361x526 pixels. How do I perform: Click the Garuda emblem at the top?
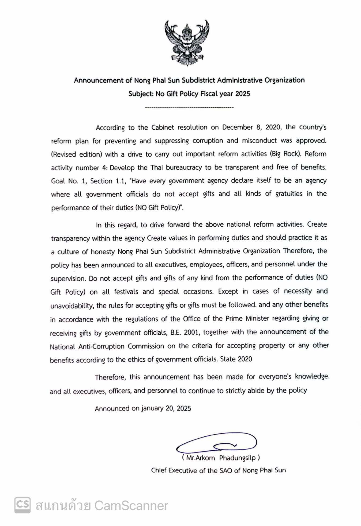pyautogui.click(x=187, y=43)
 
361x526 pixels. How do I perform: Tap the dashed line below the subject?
pyautogui.click(x=189, y=108)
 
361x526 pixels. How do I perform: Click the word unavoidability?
pyautogui.click(x=72, y=305)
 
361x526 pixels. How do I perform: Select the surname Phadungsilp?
pyautogui.click(x=237, y=458)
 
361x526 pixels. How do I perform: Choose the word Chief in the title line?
pyautogui.click(x=159, y=470)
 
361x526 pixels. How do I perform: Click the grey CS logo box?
pyautogui.click(x=22, y=505)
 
